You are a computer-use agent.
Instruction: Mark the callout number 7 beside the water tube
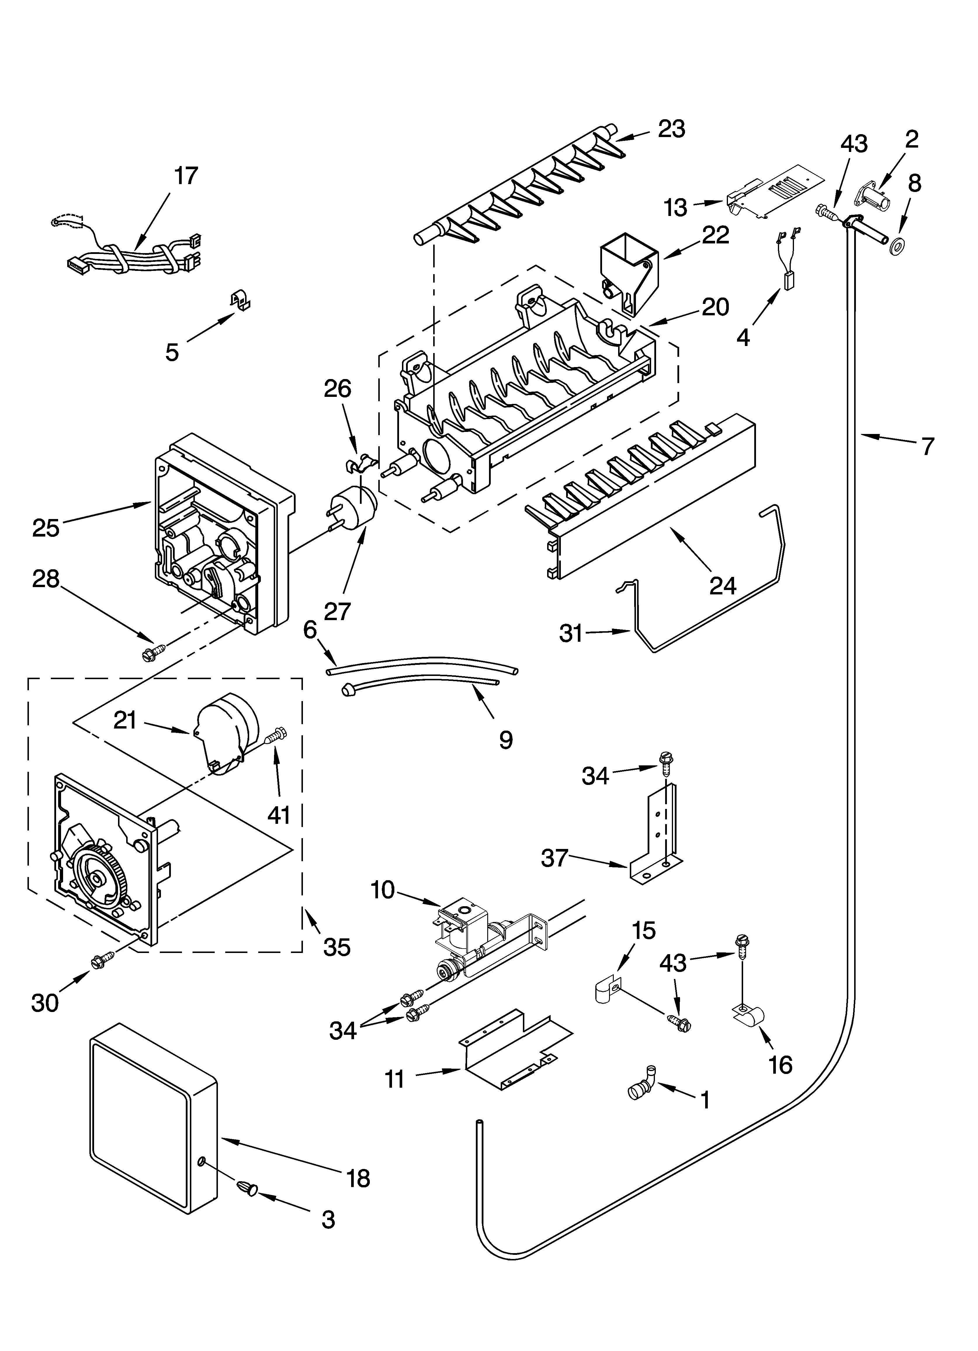pyautogui.click(x=927, y=446)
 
